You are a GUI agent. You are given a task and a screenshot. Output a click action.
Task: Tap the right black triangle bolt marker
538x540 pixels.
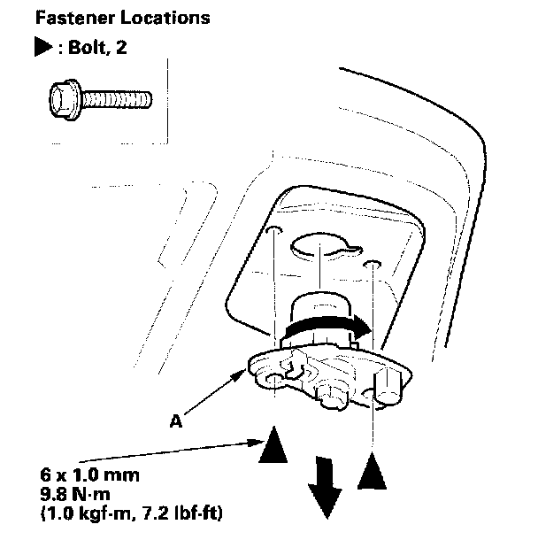(374, 474)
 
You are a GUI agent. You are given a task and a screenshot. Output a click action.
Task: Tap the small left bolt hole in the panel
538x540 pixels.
(275, 232)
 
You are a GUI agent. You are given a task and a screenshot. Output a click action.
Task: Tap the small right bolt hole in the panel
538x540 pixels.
(375, 264)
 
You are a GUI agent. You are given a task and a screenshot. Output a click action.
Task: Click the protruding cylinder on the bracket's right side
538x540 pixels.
(387, 387)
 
